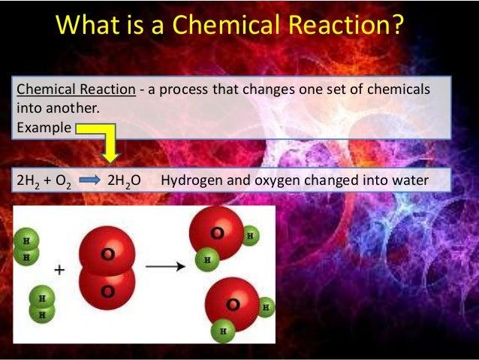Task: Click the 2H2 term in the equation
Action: click(28, 181)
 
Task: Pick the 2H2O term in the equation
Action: click(124, 181)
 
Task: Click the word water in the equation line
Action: click(410, 180)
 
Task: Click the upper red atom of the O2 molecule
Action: click(107, 252)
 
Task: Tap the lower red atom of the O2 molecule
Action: click(107, 289)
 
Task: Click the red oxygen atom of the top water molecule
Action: click(217, 231)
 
